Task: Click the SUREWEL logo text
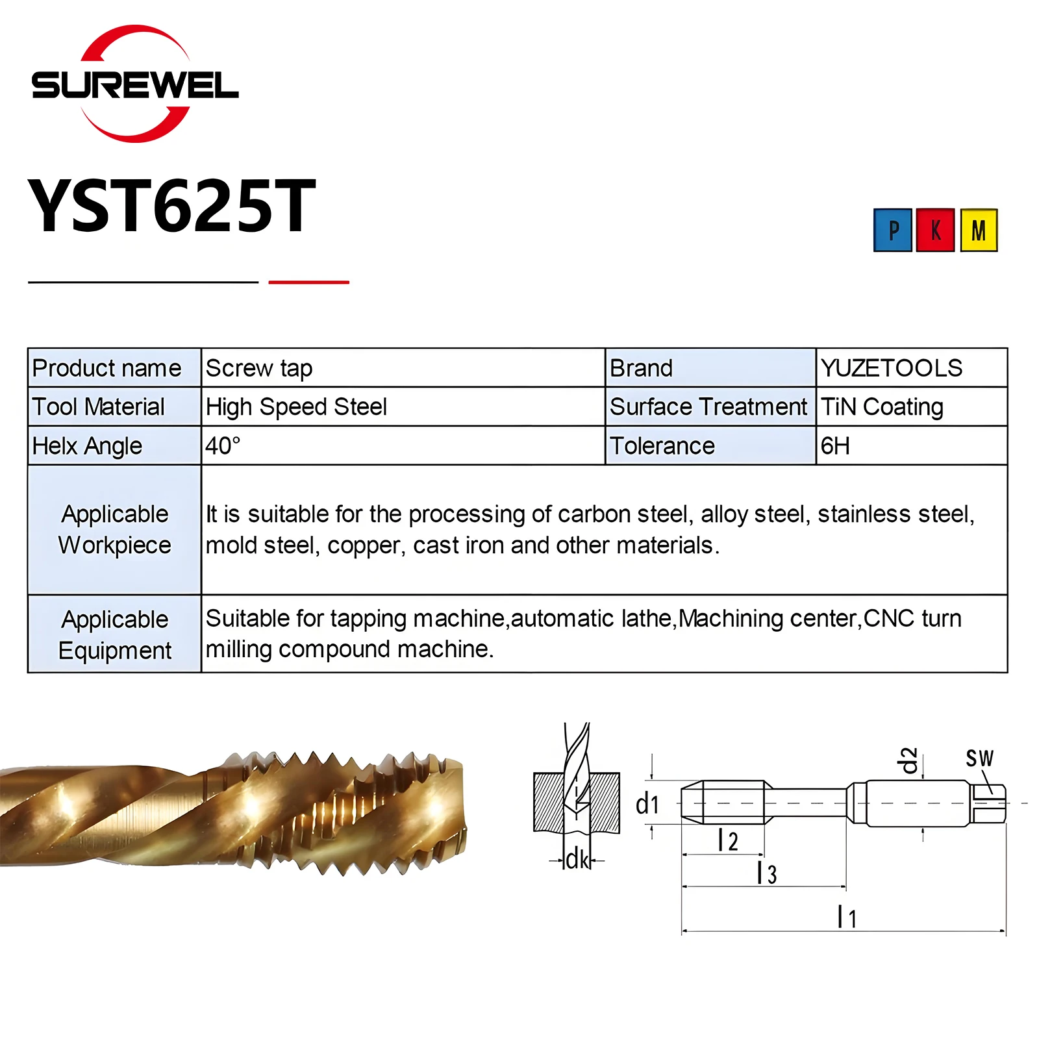(x=135, y=85)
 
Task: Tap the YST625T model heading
(x=171, y=207)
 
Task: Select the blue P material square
(x=893, y=230)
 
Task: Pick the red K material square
(x=935, y=230)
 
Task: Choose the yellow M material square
(x=979, y=230)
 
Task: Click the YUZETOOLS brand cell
(x=892, y=368)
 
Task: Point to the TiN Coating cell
(x=882, y=407)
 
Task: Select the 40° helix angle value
(x=223, y=446)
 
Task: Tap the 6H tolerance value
(x=835, y=446)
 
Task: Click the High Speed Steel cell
(x=296, y=407)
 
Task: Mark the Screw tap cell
(x=259, y=368)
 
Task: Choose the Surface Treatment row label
(x=708, y=407)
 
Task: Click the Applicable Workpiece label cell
(x=114, y=529)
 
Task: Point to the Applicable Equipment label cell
(x=114, y=634)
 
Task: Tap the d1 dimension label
(x=647, y=805)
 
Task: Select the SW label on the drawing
(x=979, y=758)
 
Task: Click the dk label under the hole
(x=577, y=859)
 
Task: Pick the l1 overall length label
(x=847, y=917)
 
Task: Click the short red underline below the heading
(x=308, y=282)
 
